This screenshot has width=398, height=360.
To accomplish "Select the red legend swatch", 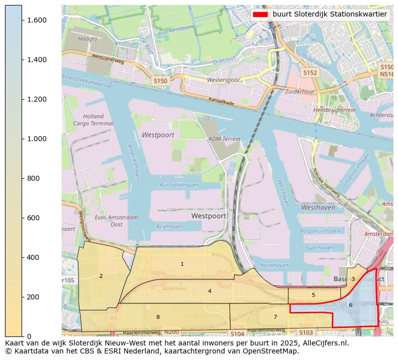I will click(260, 14).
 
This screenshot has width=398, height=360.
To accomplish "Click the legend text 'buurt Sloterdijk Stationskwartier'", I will click(329, 14).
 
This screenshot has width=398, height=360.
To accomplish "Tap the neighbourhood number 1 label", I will click(182, 264).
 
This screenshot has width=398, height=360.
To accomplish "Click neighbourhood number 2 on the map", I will click(101, 276).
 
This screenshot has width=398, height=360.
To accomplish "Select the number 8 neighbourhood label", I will click(158, 317).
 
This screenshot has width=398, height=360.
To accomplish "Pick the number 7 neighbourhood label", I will click(275, 317).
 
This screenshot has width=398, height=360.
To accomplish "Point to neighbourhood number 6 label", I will click(350, 305).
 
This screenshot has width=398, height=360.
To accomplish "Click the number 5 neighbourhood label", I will click(313, 295).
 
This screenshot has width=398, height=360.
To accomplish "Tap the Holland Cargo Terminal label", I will click(93, 120).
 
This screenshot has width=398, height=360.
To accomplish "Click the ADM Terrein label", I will click(221, 139).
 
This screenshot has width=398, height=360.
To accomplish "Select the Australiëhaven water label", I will click(179, 185).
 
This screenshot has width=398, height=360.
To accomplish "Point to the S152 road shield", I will click(310, 73).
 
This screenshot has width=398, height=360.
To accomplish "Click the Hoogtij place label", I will click(87, 39).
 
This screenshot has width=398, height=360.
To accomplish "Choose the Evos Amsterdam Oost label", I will click(116, 221).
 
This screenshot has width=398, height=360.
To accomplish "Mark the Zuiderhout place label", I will click(299, 92).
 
